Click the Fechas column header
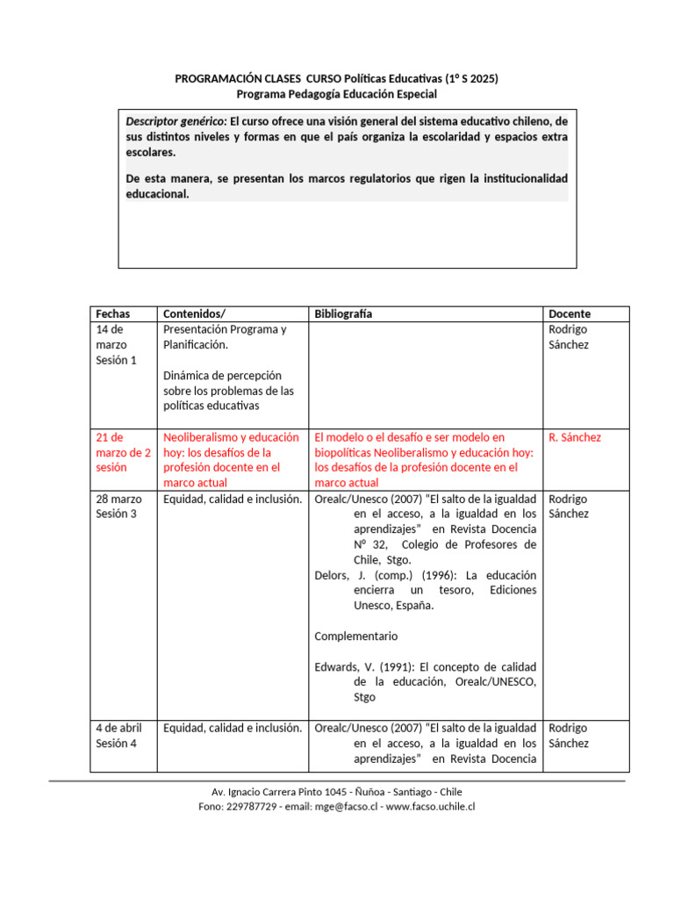pyautogui.click(x=112, y=313)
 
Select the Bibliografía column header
pyautogui.click(x=342, y=313)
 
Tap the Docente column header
pyautogui.click(x=569, y=313)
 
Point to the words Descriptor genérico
pyautogui.click(x=176, y=120)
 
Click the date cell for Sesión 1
pyautogui.click(x=116, y=344)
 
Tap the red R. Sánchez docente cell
pyautogui.click(x=574, y=437)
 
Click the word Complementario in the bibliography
pyautogui.click(x=355, y=636)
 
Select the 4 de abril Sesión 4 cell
pyautogui.click(x=118, y=735)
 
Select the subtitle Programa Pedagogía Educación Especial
pyautogui.click(x=337, y=94)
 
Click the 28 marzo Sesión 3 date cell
pyautogui.click(x=116, y=506)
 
